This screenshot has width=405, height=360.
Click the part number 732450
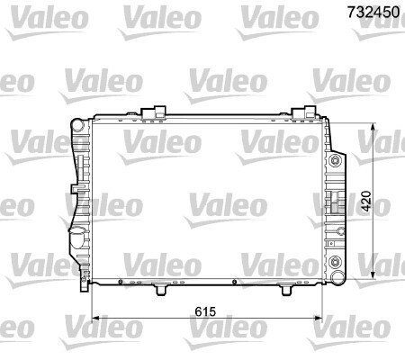tap(373, 12)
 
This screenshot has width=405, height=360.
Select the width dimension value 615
tap(205, 311)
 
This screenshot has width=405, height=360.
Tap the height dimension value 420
tap(366, 201)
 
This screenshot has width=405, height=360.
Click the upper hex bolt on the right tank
tap(335, 161)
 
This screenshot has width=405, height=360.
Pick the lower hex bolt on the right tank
tap(335, 262)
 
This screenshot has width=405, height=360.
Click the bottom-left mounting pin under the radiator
tap(161, 290)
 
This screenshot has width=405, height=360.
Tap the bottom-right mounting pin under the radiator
tap(286, 290)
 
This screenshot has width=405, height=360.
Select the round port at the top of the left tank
tap(78, 125)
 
